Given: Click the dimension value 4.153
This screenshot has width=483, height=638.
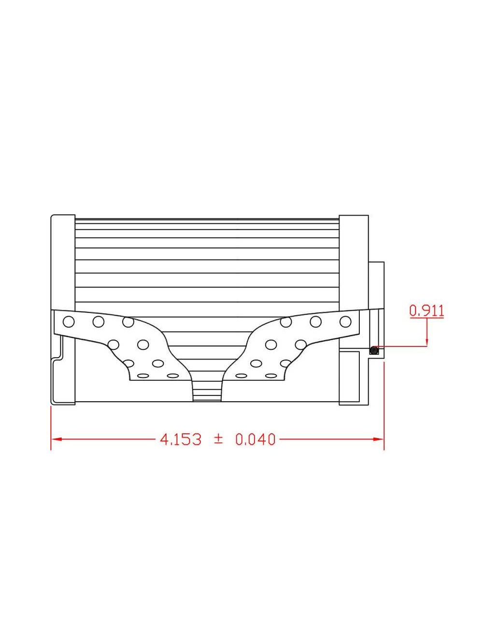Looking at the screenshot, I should coord(181,439).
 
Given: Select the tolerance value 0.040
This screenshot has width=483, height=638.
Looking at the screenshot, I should coord(256,439).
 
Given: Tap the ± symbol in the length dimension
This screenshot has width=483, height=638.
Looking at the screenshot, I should coord(218,439).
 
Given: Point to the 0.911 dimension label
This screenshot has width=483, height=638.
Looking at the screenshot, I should coord(426,310).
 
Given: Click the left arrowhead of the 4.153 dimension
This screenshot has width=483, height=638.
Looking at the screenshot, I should coord(55,439).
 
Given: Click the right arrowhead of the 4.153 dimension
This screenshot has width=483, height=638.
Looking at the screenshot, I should coord(379,439).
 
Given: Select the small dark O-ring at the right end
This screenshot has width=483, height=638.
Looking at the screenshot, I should coord(373,350).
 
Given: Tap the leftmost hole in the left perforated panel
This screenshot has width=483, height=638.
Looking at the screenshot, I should coord(69,321).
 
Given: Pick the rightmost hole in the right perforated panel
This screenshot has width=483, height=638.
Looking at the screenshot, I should coord(345,321).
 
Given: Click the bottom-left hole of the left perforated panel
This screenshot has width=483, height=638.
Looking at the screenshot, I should coord(143,376).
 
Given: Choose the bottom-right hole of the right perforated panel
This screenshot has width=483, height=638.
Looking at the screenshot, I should coord(270,376).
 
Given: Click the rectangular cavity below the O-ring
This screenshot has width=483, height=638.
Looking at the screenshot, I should coord(349,377).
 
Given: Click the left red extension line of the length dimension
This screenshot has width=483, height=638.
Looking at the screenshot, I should coord(51,425).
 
